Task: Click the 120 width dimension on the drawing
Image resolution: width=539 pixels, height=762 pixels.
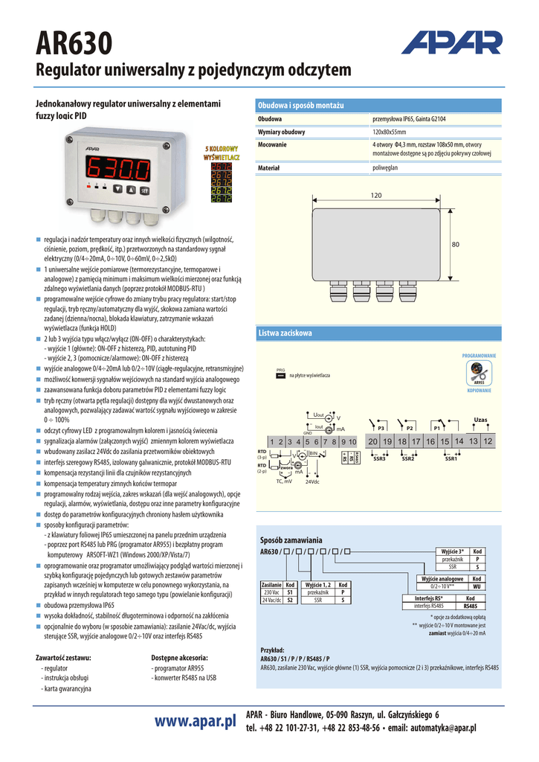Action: click(x=375, y=195)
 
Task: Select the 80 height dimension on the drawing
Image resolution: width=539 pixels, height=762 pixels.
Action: click(x=456, y=244)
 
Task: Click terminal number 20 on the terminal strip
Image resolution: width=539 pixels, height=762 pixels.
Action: click(x=373, y=442)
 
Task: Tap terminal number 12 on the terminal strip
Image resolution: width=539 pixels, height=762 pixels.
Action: click(x=488, y=441)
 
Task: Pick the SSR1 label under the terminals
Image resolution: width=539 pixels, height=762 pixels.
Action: click(x=451, y=459)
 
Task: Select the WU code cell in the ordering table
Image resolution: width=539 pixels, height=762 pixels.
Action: click(x=477, y=586)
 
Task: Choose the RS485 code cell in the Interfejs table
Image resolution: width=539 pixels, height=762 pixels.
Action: click(x=470, y=606)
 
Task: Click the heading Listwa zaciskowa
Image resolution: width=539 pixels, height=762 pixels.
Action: click(x=285, y=333)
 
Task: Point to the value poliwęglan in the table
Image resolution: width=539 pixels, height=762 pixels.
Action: click(x=385, y=168)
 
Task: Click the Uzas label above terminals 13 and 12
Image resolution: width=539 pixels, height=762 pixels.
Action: click(x=481, y=420)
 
